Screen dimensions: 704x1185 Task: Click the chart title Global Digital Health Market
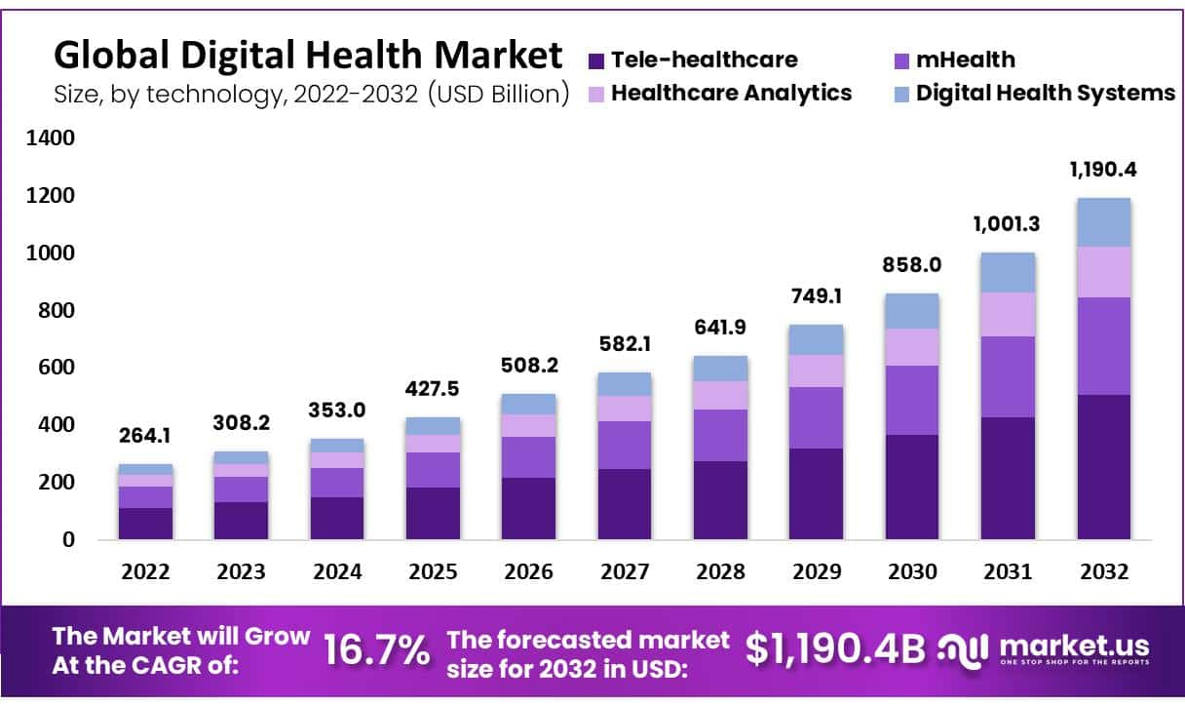307,55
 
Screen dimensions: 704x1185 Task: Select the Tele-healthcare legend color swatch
596,60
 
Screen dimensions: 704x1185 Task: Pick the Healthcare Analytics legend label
731,93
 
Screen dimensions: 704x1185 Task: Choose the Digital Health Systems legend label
1046,93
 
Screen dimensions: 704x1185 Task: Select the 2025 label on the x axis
433,572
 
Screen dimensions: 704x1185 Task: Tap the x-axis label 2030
911,572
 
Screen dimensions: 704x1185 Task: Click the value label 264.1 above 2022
146,436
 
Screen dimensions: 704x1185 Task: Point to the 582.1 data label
625,344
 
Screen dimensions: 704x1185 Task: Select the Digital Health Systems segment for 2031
1008,272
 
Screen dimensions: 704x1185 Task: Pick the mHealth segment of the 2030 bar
911,400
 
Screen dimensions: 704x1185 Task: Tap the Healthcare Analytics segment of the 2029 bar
816,371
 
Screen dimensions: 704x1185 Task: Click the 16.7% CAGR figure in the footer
376,650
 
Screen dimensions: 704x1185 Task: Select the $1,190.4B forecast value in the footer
835,649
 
